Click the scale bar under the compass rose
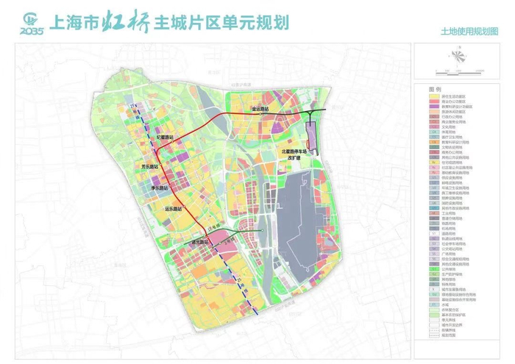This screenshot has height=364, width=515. click(457, 73)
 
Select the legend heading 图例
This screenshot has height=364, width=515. click(436, 88)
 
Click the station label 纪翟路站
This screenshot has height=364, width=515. click(165, 137)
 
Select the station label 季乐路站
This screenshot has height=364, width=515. click(159, 188)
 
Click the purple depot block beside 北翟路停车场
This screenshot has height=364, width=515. click(311, 136)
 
